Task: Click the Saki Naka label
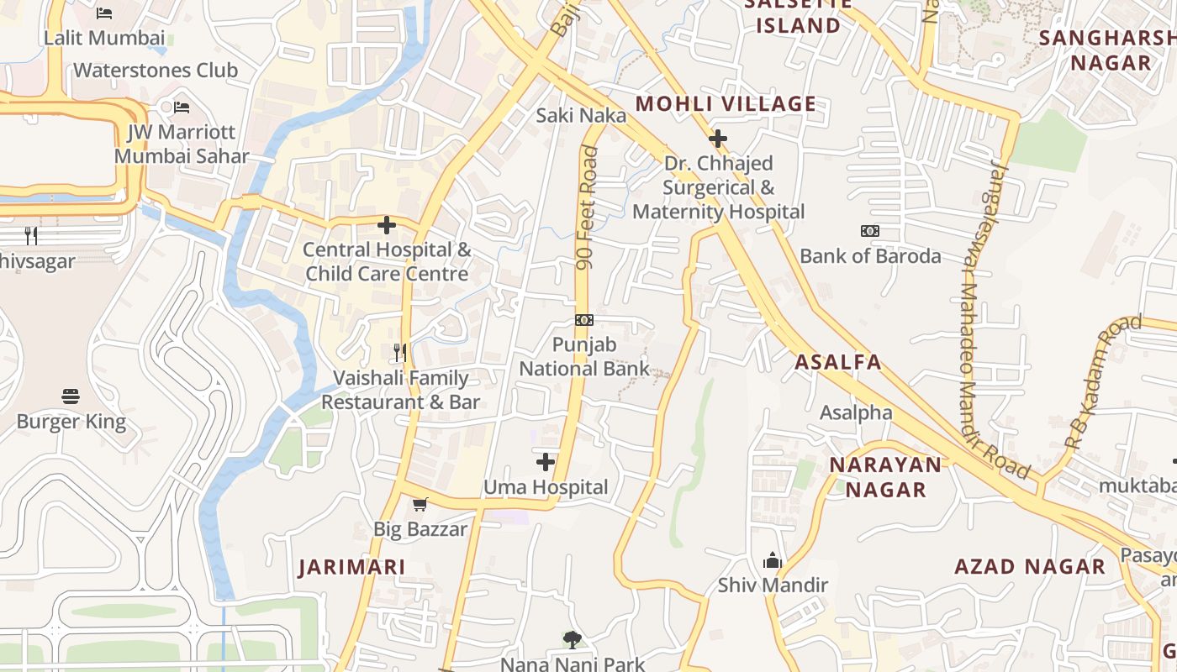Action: (x=581, y=115)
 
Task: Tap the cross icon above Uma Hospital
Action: (x=546, y=462)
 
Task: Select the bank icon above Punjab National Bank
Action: (x=584, y=320)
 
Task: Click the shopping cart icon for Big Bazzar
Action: (x=420, y=505)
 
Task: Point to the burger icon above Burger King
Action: (x=71, y=396)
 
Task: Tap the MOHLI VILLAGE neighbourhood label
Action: (x=726, y=104)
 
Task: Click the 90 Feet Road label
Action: (x=588, y=208)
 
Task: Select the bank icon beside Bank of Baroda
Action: (x=870, y=231)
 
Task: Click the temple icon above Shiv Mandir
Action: (x=773, y=560)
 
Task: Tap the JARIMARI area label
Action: (x=352, y=567)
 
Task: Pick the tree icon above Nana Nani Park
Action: (x=573, y=640)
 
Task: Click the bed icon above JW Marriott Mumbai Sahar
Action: (x=182, y=108)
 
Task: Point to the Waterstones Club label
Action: (x=156, y=71)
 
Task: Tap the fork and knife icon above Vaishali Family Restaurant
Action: (x=400, y=352)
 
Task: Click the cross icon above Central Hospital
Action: (x=387, y=225)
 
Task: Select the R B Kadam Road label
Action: (x=1102, y=381)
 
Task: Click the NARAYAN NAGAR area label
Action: (x=885, y=477)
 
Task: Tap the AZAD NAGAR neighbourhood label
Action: (x=1030, y=567)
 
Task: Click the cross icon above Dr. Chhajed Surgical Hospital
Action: (x=718, y=138)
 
